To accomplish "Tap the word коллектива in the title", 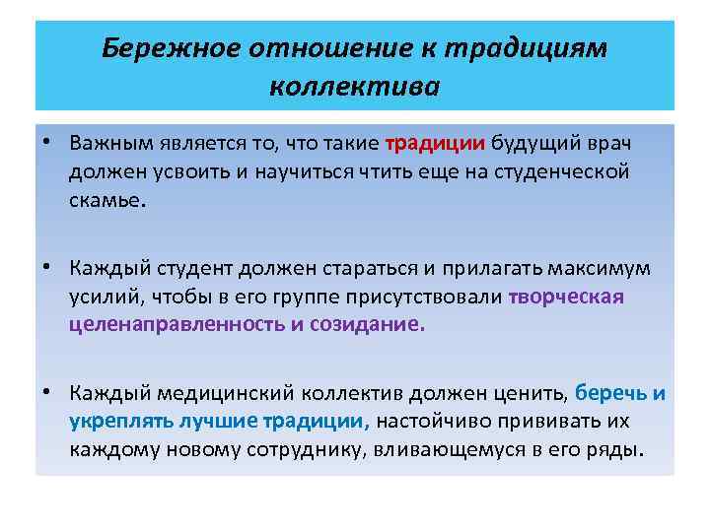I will tap(354, 88).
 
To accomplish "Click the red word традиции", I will tap(435, 143).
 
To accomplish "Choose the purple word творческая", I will tap(566, 298).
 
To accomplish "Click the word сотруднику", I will tap(294, 451).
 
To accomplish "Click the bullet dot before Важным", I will tap(48, 143).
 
